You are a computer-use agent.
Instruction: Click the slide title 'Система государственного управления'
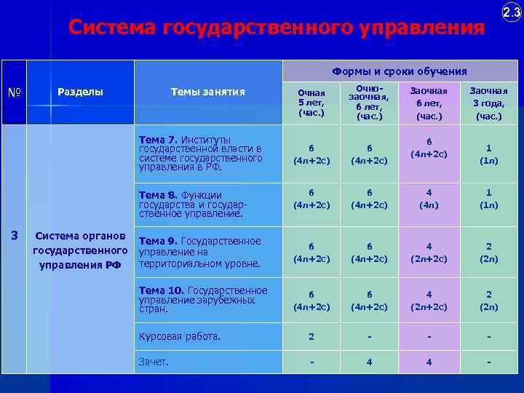coord(276,28)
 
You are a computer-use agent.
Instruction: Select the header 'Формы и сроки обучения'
coord(400,71)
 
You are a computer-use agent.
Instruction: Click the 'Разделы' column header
coord(80,92)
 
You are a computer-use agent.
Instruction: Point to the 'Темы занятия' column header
coord(207,92)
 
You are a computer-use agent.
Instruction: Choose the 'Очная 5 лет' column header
coord(311,103)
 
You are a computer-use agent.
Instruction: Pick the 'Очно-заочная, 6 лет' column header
coord(369,103)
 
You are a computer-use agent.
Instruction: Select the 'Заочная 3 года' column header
coord(488,103)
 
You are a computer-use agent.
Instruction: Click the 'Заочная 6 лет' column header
coord(429,103)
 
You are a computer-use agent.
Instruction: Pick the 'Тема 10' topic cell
coord(203,299)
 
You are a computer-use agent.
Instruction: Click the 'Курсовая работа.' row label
coord(180,336)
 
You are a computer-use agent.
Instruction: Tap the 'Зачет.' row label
coord(154,361)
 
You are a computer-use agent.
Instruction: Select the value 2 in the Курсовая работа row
coord(311,337)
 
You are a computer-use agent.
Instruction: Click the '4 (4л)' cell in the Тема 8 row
coord(429,199)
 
